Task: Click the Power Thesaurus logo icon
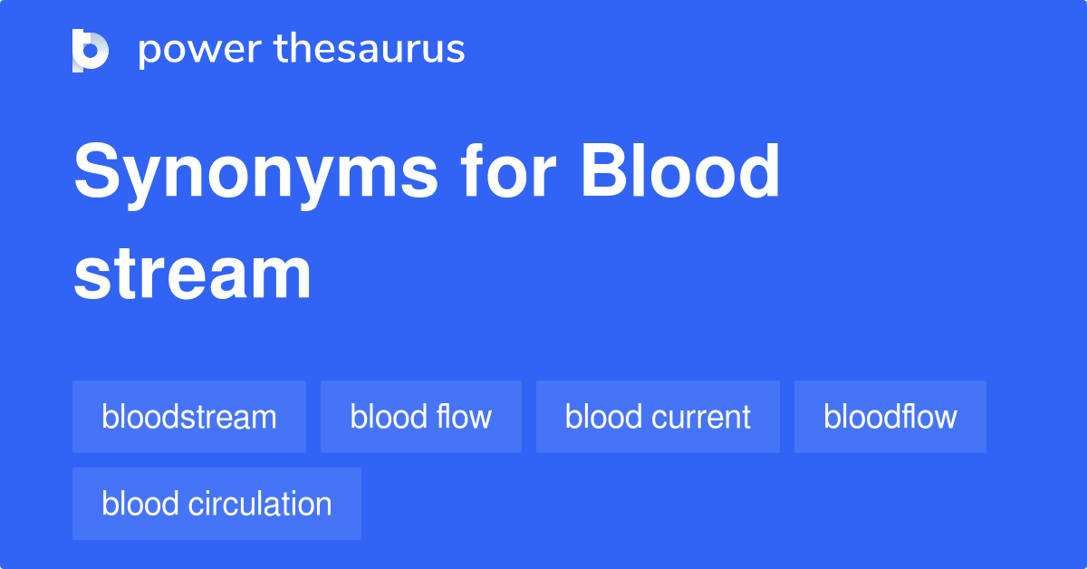point(91,50)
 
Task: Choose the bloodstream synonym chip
point(189,417)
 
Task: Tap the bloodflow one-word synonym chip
point(890,417)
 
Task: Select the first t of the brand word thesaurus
point(281,50)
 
